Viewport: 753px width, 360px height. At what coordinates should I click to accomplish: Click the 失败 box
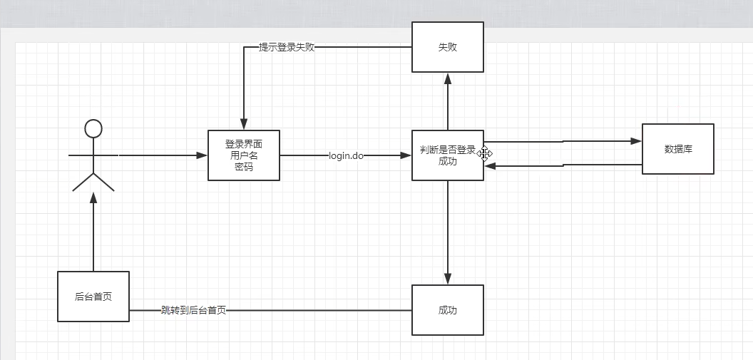point(448,47)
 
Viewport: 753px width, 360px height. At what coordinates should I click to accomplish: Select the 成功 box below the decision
point(448,310)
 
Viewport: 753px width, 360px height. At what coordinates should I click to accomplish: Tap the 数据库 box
point(678,149)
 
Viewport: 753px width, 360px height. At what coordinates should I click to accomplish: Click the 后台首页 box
point(93,297)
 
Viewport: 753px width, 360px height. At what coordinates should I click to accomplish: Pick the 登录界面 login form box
point(244,155)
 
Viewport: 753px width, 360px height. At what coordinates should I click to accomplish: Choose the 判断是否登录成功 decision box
point(448,155)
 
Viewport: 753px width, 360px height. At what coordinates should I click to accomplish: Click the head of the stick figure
point(93,128)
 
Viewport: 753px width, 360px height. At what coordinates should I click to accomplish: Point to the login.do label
point(347,155)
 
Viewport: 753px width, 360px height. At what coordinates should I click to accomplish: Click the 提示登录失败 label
point(287,48)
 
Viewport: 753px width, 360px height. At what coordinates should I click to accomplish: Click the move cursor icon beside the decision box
point(485,153)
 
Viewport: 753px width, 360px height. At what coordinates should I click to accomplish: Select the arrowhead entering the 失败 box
point(448,78)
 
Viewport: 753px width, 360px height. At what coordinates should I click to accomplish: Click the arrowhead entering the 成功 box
point(448,279)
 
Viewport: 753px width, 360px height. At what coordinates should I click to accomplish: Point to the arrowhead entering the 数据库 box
point(637,141)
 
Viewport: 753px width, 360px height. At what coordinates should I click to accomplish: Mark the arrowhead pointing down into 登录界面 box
point(244,125)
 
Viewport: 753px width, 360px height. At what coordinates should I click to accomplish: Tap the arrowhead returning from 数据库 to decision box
point(490,166)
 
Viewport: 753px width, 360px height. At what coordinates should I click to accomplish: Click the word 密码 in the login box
point(244,168)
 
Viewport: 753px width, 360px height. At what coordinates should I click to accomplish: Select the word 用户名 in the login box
point(244,155)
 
